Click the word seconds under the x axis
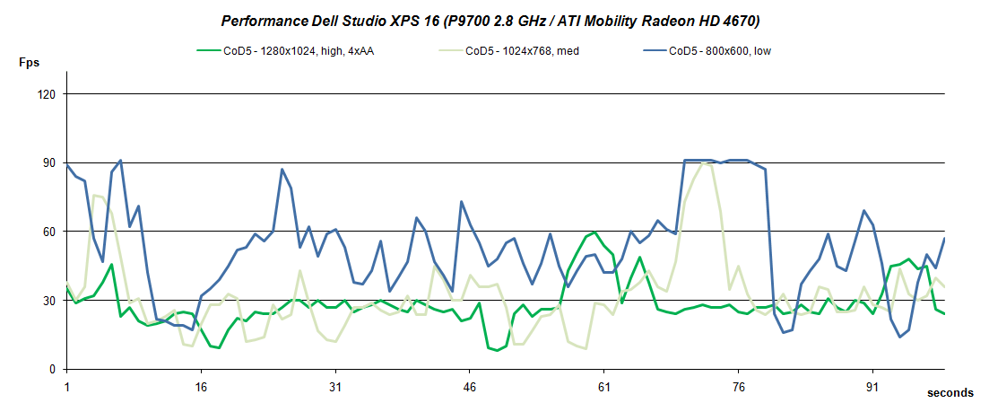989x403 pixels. pos(949,393)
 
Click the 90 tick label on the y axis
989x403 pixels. pos(49,163)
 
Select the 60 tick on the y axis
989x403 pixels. pos(49,232)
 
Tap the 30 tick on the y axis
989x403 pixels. pos(49,301)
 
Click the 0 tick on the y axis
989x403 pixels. pos(53,369)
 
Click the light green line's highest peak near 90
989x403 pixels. pos(703,163)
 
